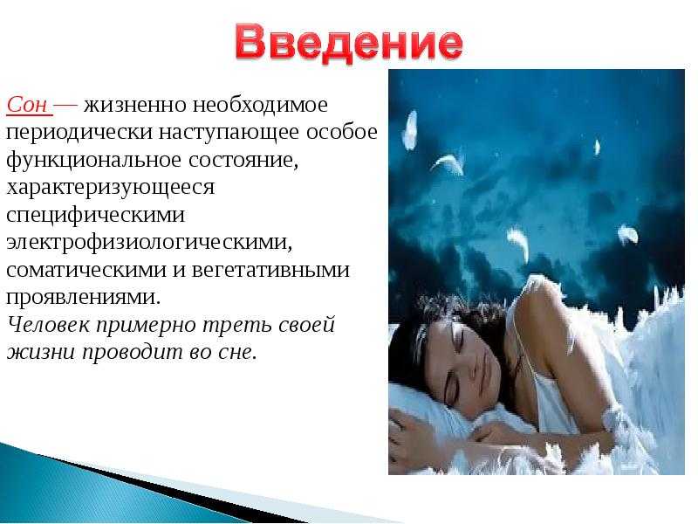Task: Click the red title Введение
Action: pos(349,43)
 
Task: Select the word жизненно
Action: pos(135,105)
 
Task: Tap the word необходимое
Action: pos(260,105)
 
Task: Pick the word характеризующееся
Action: pos(111,188)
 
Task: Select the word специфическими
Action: pos(96,216)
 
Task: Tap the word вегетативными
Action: pos(270,270)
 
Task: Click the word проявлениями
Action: pos(83,298)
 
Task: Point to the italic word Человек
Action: pos(49,324)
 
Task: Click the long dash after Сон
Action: pos(66,106)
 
